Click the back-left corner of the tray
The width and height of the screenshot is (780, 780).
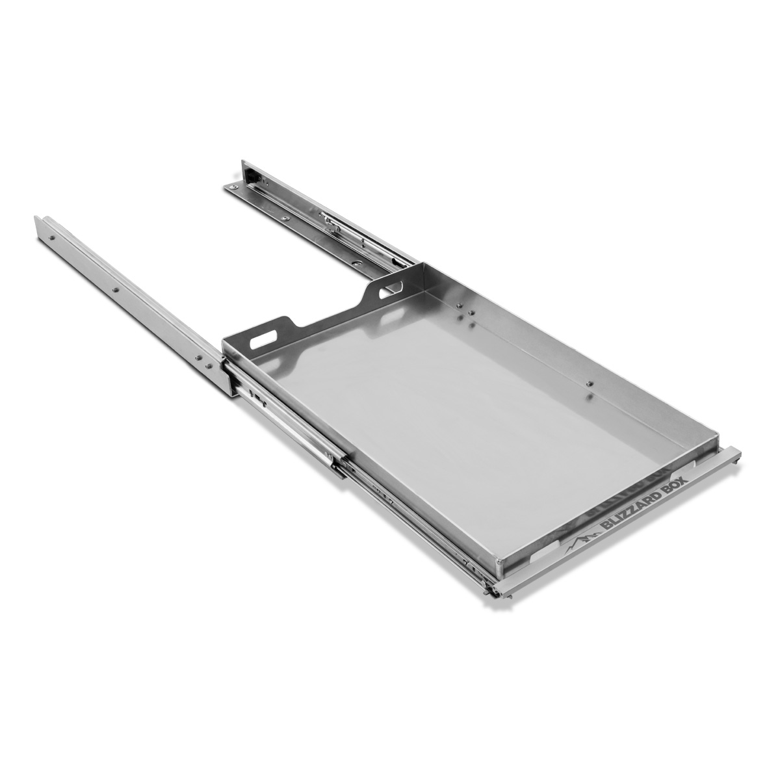(x=225, y=341)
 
